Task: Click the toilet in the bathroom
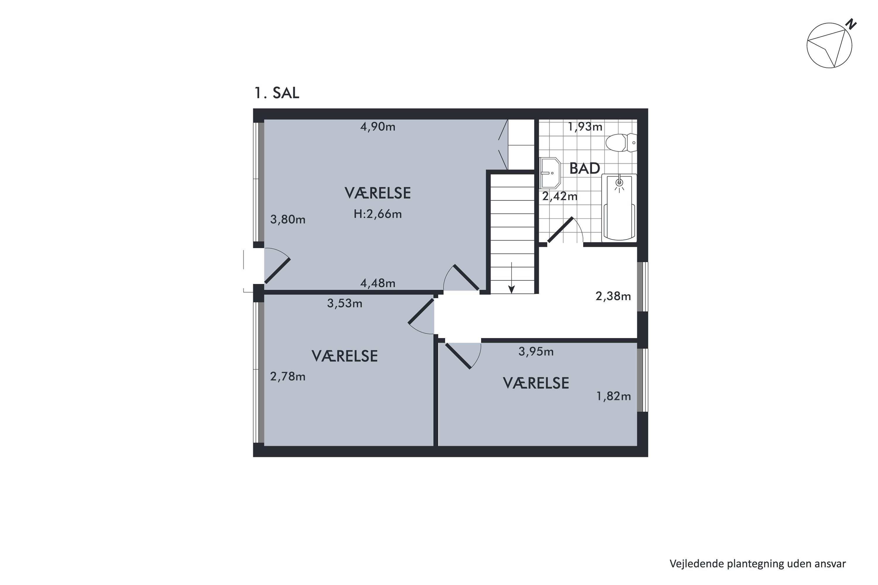pyautogui.click(x=621, y=142)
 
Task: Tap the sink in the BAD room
pyautogui.click(x=550, y=173)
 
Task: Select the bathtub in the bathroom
pyautogui.click(x=619, y=207)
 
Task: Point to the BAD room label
pyautogui.click(x=584, y=169)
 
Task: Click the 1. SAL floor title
pyautogui.click(x=277, y=93)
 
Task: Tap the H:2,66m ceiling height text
pyautogui.click(x=378, y=214)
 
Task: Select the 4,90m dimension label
pyautogui.click(x=378, y=127)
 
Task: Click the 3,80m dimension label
pyautogui.click(x=288, y=219)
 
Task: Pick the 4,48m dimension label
pyautogui.click(x=378, y=283)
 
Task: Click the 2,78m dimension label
pyautogui.click(x=288, y=376)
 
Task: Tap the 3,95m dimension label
pyautogui.click(x=536, y=352)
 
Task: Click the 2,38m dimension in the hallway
pyautogui.click(x=613, y=296)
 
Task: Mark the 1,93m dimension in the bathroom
pyautogui.click(x=585, y=127)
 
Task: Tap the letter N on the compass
pyautogui.click(x=851, y=24)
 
